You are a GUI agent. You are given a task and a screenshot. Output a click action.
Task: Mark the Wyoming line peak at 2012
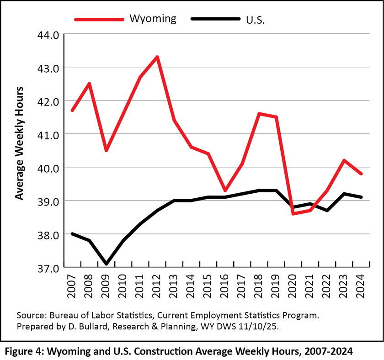(x=157, y=57)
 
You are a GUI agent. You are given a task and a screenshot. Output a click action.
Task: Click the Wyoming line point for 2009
(x=106, y=150)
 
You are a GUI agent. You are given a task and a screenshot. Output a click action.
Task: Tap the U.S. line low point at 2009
(x=106, y=264)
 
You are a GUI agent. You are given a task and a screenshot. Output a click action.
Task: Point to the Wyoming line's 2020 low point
(x=293, y=214)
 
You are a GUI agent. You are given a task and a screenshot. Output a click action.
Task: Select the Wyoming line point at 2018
(x=259, y=113)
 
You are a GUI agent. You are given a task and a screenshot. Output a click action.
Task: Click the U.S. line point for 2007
(x=72, y=234)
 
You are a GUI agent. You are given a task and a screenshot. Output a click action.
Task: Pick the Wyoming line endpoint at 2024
(x=361, y=174)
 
